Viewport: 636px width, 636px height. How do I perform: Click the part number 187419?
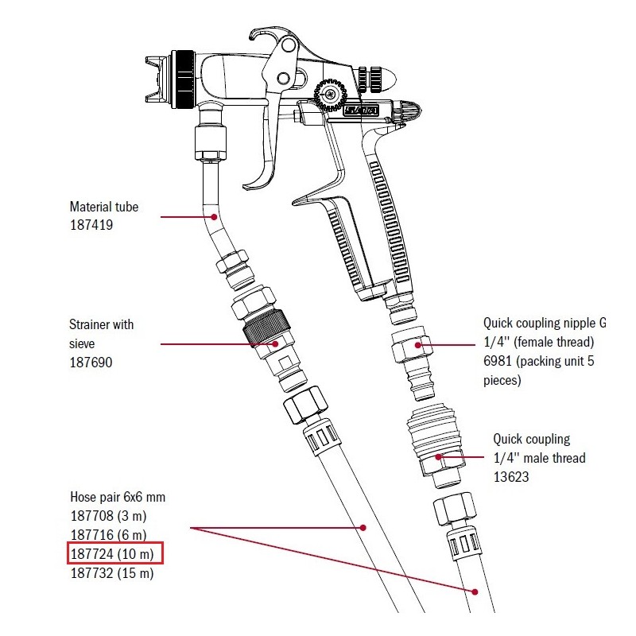coord(91,226)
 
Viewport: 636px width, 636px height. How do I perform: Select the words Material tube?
coord(104,207)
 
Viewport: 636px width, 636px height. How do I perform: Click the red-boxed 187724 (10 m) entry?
coord(114,553)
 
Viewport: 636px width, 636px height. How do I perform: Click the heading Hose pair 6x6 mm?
coord(118,497)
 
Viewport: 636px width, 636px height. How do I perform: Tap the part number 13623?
coord(510,477)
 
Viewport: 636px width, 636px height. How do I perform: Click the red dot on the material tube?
coord(213,216)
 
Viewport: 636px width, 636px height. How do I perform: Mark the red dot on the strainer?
coord(275,344)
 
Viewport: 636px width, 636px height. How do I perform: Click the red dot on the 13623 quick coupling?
coord(440,458)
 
